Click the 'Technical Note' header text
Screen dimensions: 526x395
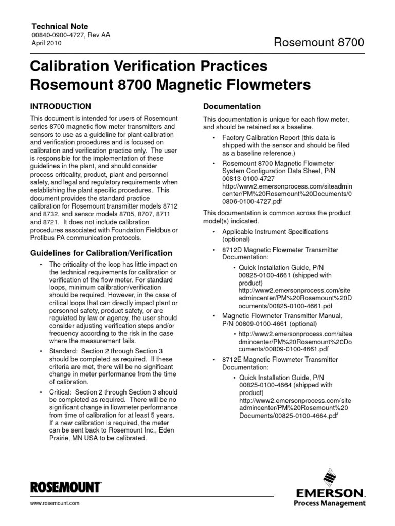(60, 26)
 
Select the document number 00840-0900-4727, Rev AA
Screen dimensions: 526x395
(71, 35)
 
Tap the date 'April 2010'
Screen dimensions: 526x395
(47, 44)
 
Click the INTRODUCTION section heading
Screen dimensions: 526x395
(62, 106)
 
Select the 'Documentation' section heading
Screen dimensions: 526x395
(232, 106)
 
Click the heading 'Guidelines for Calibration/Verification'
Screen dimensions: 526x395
(102, 253)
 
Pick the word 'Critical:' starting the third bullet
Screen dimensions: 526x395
(63, 392)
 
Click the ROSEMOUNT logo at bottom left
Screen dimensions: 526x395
(66, 487)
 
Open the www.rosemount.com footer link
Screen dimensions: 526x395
(56, 504)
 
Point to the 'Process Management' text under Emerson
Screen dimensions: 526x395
(330, 503)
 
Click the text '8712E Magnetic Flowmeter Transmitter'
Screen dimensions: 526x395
(280, 360)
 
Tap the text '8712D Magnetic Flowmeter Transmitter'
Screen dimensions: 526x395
(280, 250)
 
